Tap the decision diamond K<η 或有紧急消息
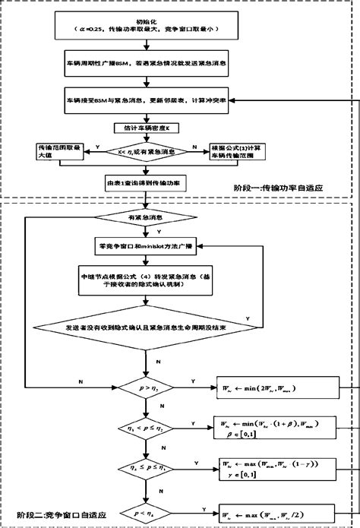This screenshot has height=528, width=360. point(146,152)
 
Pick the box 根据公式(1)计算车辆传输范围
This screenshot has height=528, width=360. point(239,151)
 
